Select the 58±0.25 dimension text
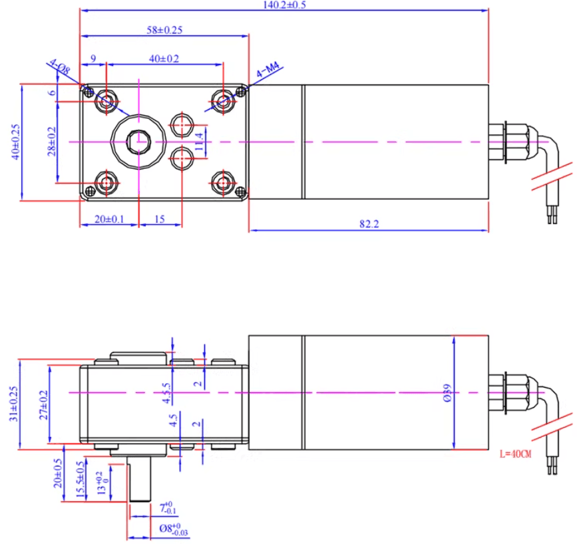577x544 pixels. click(164, 29)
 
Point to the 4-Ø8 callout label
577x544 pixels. click(59, 67)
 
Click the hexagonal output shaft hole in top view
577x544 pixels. click(138, 142)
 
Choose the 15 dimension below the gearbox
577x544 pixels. click(160, 219)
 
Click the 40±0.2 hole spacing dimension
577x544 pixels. click(164, 59)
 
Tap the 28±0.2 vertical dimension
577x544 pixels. click(52, 141)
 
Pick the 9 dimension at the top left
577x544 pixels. click(93, 59)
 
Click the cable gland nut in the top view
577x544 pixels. click(514, 142)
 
